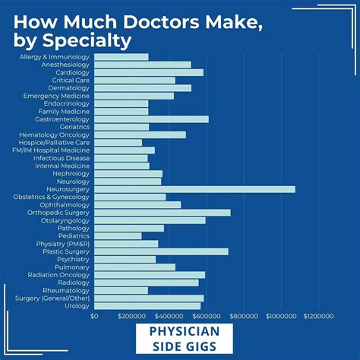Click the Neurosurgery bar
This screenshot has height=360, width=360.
tap(194, 189)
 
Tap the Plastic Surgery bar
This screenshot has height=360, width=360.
tap(160, 251)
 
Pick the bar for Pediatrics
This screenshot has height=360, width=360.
tap(118, 235)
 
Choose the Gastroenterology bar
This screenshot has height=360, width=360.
tap(150, 118)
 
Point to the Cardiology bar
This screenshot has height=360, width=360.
tap(148, 72)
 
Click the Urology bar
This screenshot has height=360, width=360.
tap(147, 306)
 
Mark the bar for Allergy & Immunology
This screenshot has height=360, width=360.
tap(121, 57)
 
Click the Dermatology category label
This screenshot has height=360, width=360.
tap(70, 87)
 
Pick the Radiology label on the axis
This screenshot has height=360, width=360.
tap(74, 283)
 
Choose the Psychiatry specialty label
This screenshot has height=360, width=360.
tap(72, 259)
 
